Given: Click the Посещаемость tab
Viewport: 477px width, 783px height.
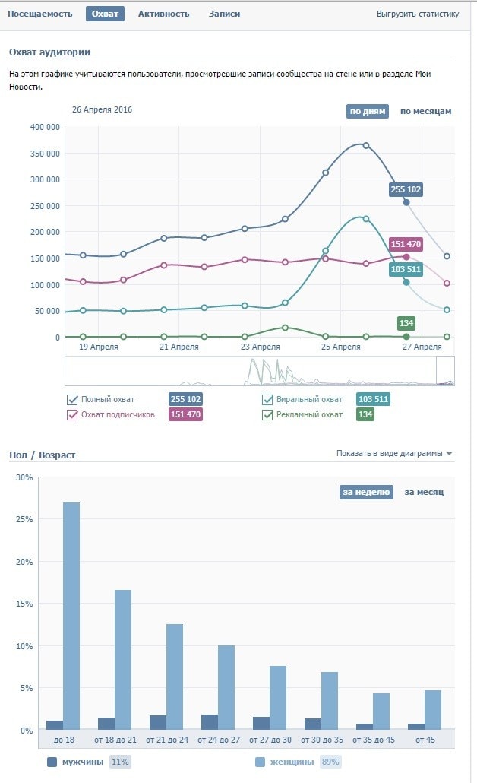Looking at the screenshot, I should pyautogui.click(x=40, y=14).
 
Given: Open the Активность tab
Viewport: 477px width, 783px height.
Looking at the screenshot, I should pyautogui.click(x=163, y=14).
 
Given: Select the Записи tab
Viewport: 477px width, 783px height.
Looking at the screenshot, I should pyautogui.click(x=224, y=14).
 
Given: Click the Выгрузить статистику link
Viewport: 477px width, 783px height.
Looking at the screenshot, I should pyautogui.click(x=418, y=14).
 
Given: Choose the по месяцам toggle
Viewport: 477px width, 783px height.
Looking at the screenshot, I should pyautogui.click(x=425, y=111).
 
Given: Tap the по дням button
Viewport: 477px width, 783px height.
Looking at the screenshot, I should pyautogui.click(x=368, y=111).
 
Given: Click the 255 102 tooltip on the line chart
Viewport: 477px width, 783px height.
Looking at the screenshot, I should pyautogui.click(x=406, y=189).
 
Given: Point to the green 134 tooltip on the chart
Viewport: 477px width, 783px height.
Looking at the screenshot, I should pyautogui.click(x=406, y=323).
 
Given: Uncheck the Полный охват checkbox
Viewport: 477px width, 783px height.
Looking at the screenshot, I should pyautogui.click(x=73, y=400).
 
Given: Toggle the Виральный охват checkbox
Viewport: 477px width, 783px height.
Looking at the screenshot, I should pyautogui.click(x=267, y=400).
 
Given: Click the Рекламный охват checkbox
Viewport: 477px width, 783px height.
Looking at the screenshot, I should pyautogui.click(x=267, y=414).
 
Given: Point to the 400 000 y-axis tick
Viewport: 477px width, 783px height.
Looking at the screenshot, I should pyautogui.click(x=44, y=127).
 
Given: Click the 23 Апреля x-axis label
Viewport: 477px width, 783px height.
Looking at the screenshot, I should pyautogui.click(x=260, y=347).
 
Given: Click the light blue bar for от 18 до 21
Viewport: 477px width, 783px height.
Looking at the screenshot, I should pyautogui.click(x=123, y=658).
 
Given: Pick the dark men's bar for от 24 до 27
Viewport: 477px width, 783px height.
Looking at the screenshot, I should pyautogui.click(x=209, y=721).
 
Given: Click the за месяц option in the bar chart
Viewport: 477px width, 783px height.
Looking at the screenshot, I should pyautogui.click(x=424, y=492).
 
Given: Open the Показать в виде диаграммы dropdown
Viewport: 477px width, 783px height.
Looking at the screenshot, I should pyautogui.click(x=393, y=453).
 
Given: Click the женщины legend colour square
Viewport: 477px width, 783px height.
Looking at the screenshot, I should pyautogui.click(x=260, y=762).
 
